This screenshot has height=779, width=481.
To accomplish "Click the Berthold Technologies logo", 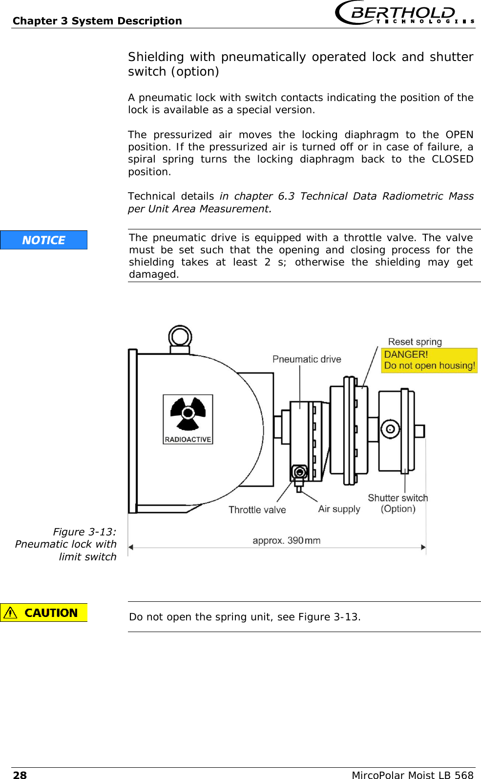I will pos(404,13).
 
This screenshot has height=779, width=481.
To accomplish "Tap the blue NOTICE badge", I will pos(43,240).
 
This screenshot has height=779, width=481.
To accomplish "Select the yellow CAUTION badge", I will pos(43,613).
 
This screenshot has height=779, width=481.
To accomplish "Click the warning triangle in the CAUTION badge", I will pos(10,613).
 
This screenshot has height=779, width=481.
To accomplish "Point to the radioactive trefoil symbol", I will pos(188,414).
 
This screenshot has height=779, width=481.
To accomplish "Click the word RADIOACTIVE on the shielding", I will pos(188,439).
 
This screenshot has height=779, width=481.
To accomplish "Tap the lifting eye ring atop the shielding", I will pos(180,337).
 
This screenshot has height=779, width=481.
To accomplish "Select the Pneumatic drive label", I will pos(307,359).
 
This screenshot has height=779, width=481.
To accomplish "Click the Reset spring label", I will pos(415,342).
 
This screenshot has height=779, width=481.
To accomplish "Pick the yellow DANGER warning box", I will pos(429,360).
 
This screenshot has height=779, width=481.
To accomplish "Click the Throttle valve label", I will pos(257,510).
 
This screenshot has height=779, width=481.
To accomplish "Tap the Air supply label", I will pos(339,509).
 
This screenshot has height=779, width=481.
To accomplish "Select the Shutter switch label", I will pos(397,498).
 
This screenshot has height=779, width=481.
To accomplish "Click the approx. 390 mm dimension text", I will pos(286,540).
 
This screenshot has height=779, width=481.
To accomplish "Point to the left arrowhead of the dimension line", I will pos(131,547).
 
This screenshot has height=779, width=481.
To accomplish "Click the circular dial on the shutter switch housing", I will pos(390,430).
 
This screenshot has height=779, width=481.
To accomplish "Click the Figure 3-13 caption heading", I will pos(84,532).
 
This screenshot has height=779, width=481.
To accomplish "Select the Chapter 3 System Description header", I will pos(97,20).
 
